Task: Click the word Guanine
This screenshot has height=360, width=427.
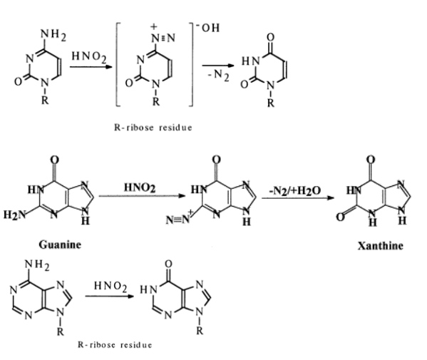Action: click(x=60, y=245)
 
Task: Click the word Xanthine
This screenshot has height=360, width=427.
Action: click(x=381, y=246)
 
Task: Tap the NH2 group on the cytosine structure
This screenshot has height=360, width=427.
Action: click(x=53, y=35)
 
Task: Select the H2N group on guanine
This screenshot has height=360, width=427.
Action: click(x=14, y=215)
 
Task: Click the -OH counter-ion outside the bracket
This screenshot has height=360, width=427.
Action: click(x=208, y=28)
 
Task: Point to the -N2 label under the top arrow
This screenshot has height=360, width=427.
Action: click(x=219, y=75)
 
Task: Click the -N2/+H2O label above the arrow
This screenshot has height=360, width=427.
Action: click(x=295, y=190)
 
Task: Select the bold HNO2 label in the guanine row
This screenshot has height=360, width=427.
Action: click(x=140, y=187)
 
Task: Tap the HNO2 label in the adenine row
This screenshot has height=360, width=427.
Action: click(x=110, y=287)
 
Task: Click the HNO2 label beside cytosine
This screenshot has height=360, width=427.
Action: click(x=89, y=57)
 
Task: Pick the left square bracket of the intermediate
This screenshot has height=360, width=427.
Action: click(x=118, y=65)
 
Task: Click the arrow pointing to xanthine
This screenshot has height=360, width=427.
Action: click(x=298, y=198)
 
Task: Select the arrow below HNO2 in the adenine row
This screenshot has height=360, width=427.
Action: click(x=110, y=296)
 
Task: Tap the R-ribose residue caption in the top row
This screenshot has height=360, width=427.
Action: click(x=153, y=128)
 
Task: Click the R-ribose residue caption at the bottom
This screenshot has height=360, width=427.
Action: click(x=115, y=345)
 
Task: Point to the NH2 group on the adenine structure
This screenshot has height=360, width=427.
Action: click(x=37, y=265)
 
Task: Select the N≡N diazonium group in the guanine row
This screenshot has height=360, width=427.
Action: click(x=178, y=220)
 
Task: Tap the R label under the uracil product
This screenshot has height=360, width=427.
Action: click(x=270, y=103)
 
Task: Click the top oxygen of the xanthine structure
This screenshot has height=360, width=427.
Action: click(x=371, y=160)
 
